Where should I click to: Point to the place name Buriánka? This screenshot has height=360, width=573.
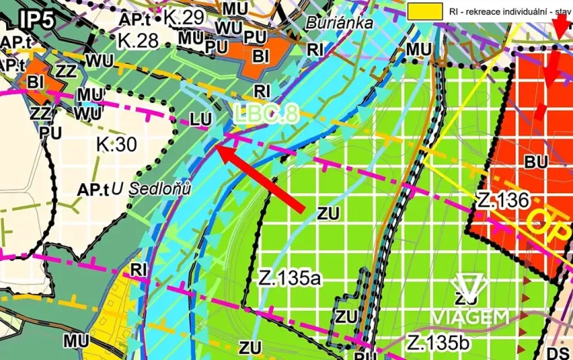[339, 23]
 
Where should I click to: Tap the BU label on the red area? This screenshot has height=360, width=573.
[535, 162]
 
